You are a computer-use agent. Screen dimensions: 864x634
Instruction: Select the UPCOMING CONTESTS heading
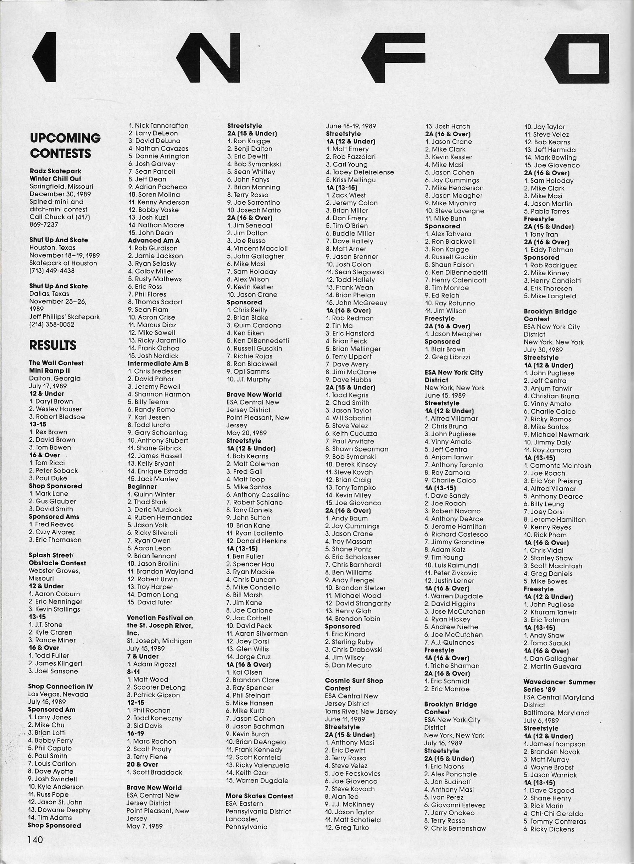[65, 145]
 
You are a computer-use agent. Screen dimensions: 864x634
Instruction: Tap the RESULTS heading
[52, 345]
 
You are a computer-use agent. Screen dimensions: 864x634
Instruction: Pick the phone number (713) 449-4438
[52, 271]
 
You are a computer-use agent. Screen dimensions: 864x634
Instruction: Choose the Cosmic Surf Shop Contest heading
[354, 685]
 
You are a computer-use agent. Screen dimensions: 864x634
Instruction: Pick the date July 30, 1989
[543, 350]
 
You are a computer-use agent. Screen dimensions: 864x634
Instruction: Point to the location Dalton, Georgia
[55, 378]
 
